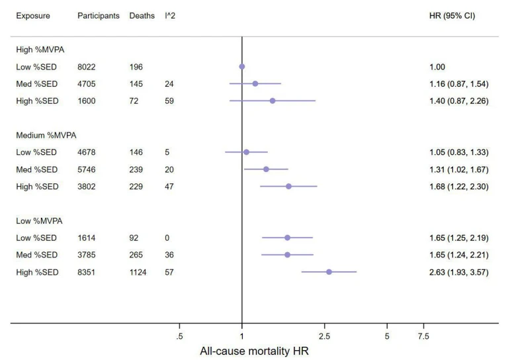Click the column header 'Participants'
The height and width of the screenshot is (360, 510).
click(x=98, y=16)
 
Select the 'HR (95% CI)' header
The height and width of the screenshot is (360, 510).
click(x=452, y=16)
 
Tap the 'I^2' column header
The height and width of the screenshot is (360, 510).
click(x=170, y=16)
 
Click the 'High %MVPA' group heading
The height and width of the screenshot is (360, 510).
click(x=40, y=50)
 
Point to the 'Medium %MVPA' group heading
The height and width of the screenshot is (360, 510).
click(x=46, y=136)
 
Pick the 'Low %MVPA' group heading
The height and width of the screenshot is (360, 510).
click(x=39, y=221)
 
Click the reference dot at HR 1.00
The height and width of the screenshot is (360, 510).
click(x=242, y=67)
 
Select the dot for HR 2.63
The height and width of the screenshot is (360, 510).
click(x=329, y=272)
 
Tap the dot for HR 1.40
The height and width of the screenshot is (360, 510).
click(x=273, y=101)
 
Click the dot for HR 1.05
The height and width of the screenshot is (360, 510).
click(x=246, y=152)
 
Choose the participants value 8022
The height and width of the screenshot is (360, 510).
click(x=87, y=67)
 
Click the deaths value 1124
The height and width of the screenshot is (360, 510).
click(x=138, y=272)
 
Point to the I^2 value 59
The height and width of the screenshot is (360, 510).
click(x=169, y=101)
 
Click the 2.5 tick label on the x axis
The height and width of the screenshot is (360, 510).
click(x=324, y=336)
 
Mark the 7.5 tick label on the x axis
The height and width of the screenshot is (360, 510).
click(x=423, y=336)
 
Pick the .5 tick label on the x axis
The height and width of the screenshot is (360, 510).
click(x=179, y=336)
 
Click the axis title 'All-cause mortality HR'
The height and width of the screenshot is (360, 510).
click(x=254, y=351)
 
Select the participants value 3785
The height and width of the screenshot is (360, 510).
click(x=87, y=255)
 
